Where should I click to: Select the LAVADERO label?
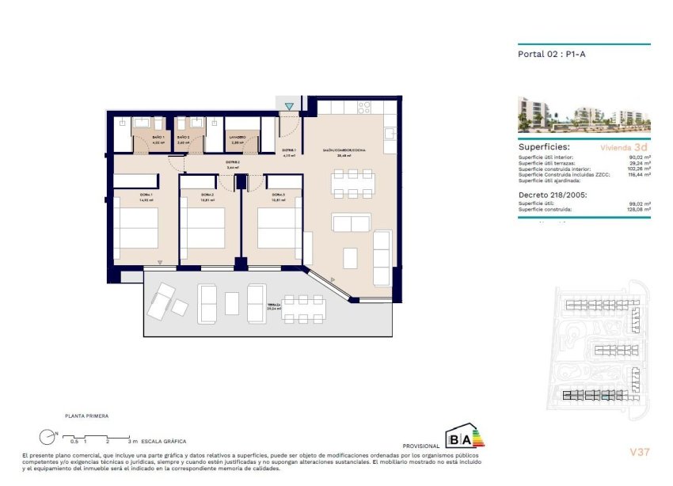[x=238, y=138]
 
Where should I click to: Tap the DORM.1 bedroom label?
[x=145, y=195]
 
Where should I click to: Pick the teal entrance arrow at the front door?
[x=290, y=106]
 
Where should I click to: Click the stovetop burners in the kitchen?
[x=365, y=106]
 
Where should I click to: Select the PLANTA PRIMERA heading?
[x=87, y=416]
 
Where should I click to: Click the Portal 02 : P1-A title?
[x=541, y=55]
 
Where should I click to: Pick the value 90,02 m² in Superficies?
[x=638, y=158]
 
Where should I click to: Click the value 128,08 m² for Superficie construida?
[x=637, y=210]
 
